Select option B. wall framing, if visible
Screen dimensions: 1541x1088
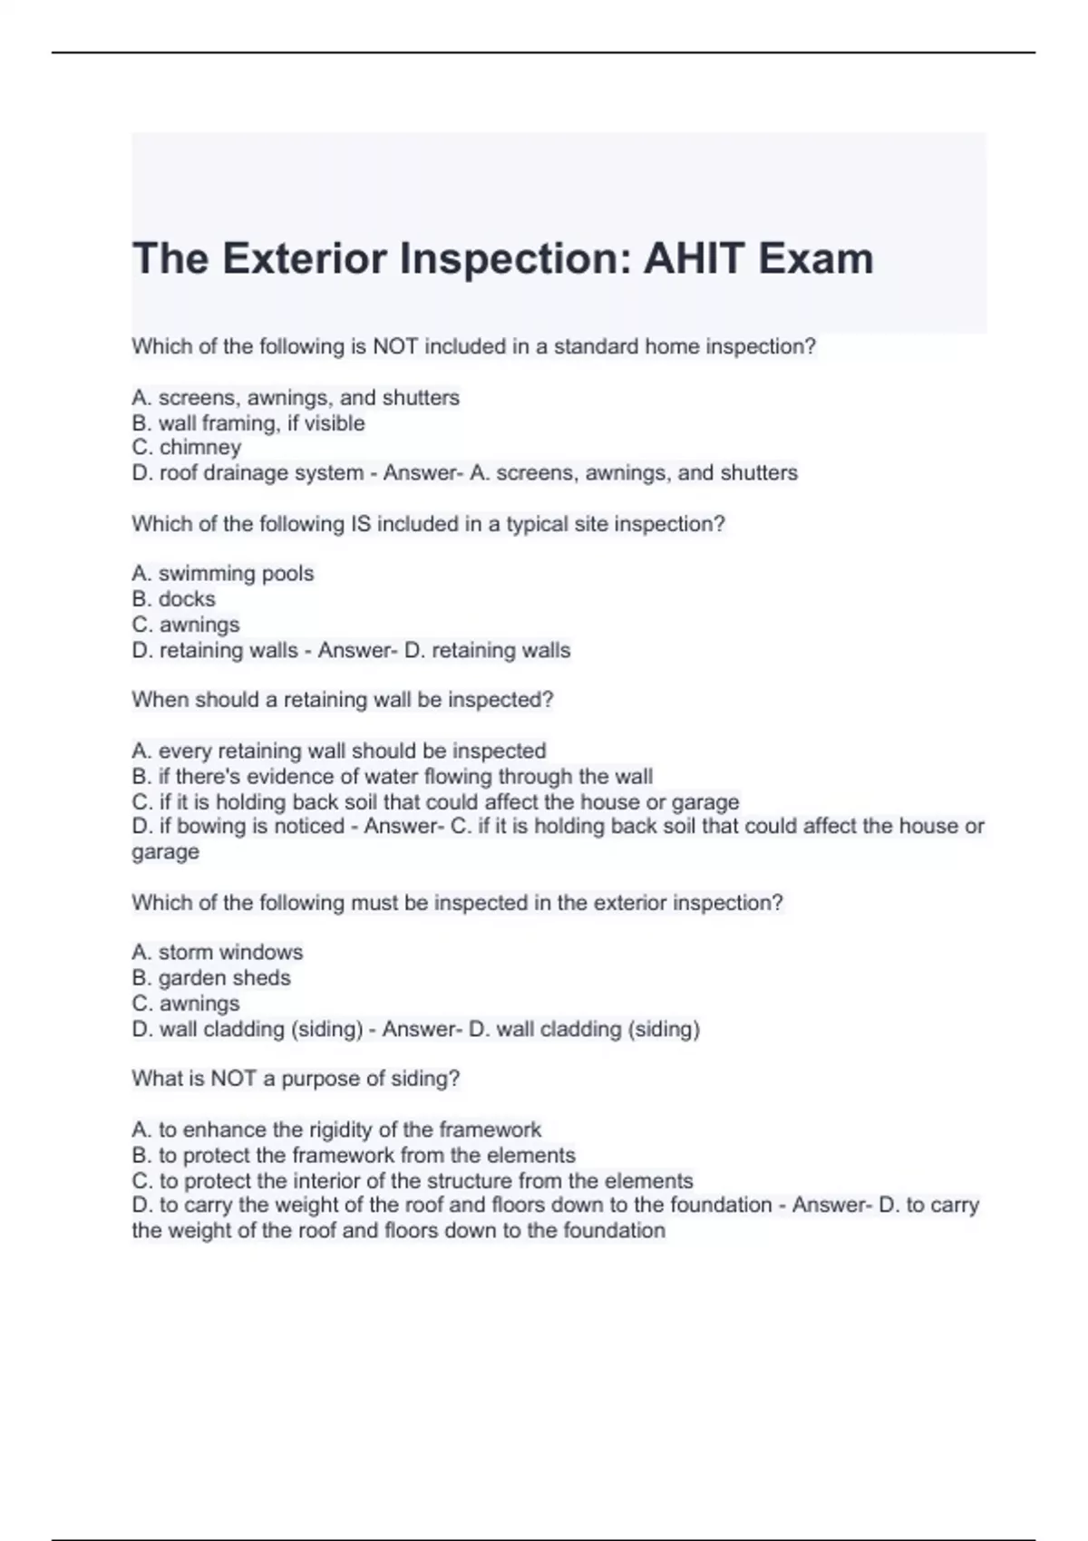248,423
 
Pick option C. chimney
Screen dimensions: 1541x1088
187,448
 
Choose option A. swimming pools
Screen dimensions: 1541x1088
223,574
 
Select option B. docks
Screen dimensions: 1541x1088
174,599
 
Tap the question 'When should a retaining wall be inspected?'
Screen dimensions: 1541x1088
342,700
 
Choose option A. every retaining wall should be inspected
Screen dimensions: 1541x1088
339,751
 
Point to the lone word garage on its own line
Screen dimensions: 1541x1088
165,852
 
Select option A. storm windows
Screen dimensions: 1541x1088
218,952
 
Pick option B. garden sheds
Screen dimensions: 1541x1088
211,978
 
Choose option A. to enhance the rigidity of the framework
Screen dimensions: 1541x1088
336,1129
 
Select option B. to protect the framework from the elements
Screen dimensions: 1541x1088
354,1156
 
